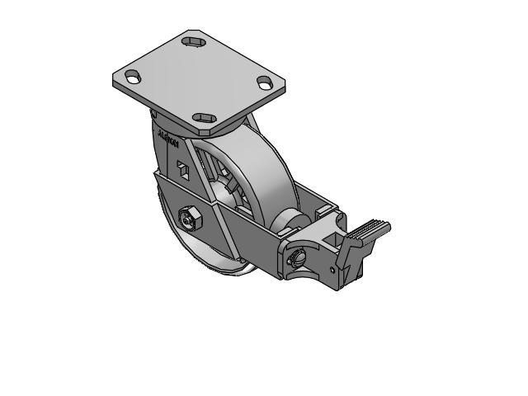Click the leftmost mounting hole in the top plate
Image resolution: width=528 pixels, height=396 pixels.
click(x=130, y=78)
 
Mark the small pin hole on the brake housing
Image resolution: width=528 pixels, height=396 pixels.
click(x=332, y=268)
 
